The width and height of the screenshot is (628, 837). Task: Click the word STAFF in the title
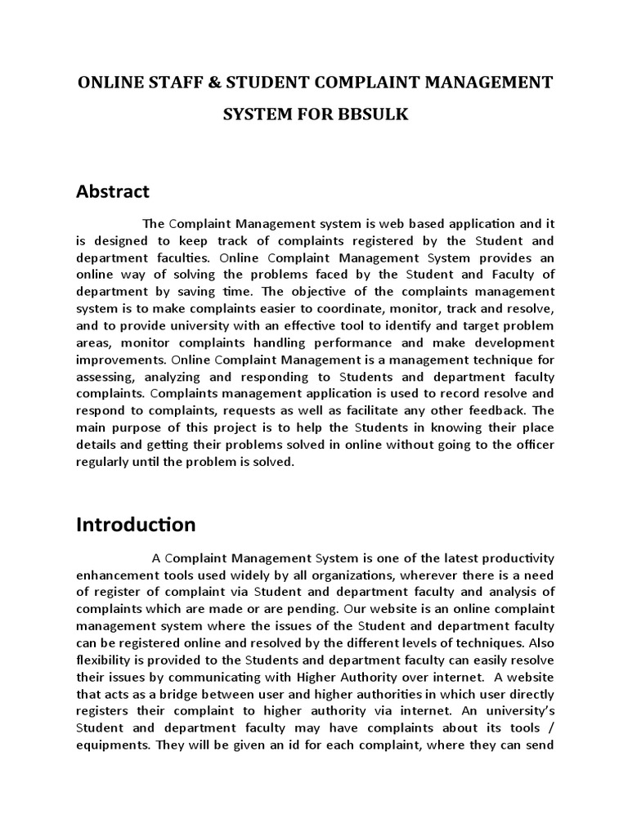coord(168,83)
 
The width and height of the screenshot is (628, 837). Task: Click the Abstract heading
coord(113,191)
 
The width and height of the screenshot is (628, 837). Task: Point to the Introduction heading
coord(136,525)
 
